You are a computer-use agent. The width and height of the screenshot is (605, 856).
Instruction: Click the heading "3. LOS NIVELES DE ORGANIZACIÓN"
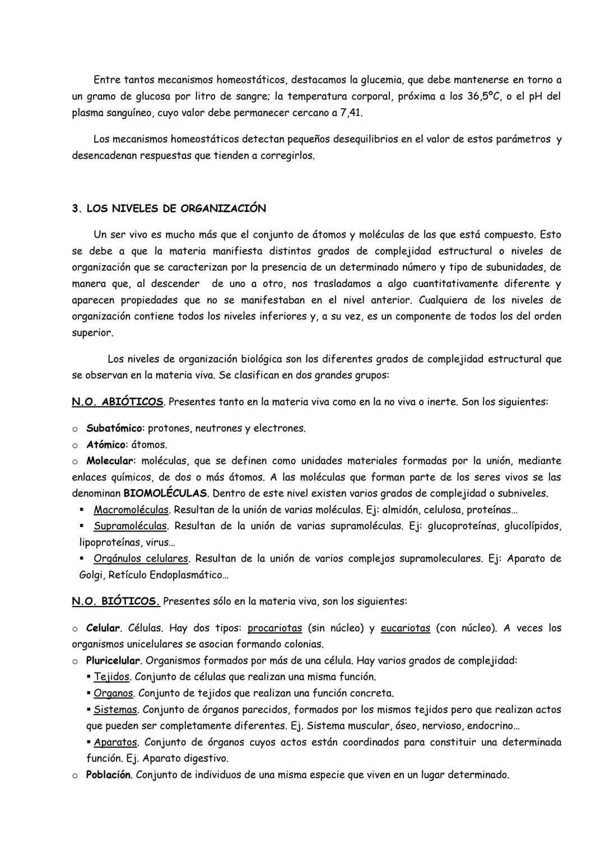(169, 209)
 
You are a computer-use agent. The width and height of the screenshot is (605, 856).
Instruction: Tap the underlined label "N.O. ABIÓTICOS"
(118, 402)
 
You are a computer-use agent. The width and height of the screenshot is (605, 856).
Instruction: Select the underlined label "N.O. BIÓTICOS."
(116, 601)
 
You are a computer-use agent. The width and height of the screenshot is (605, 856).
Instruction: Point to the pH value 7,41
(351, 113)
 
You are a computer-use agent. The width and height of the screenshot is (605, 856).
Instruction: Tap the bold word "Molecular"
(110, 461)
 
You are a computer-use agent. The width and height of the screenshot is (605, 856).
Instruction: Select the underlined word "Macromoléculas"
(131, 510)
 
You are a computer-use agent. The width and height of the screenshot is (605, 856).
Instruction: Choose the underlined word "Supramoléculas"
(131, 526)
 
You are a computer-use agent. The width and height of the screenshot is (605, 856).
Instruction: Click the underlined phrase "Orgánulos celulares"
(141, 559)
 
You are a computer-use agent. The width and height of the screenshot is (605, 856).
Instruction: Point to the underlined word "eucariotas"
(405, 628)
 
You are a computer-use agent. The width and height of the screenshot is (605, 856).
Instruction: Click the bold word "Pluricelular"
(113, 661)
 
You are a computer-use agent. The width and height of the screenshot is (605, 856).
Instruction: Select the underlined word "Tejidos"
(111, 677)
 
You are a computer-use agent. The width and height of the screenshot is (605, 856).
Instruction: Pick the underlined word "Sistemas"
(115, 710)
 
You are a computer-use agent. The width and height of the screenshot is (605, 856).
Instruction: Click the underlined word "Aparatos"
(115, 742)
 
